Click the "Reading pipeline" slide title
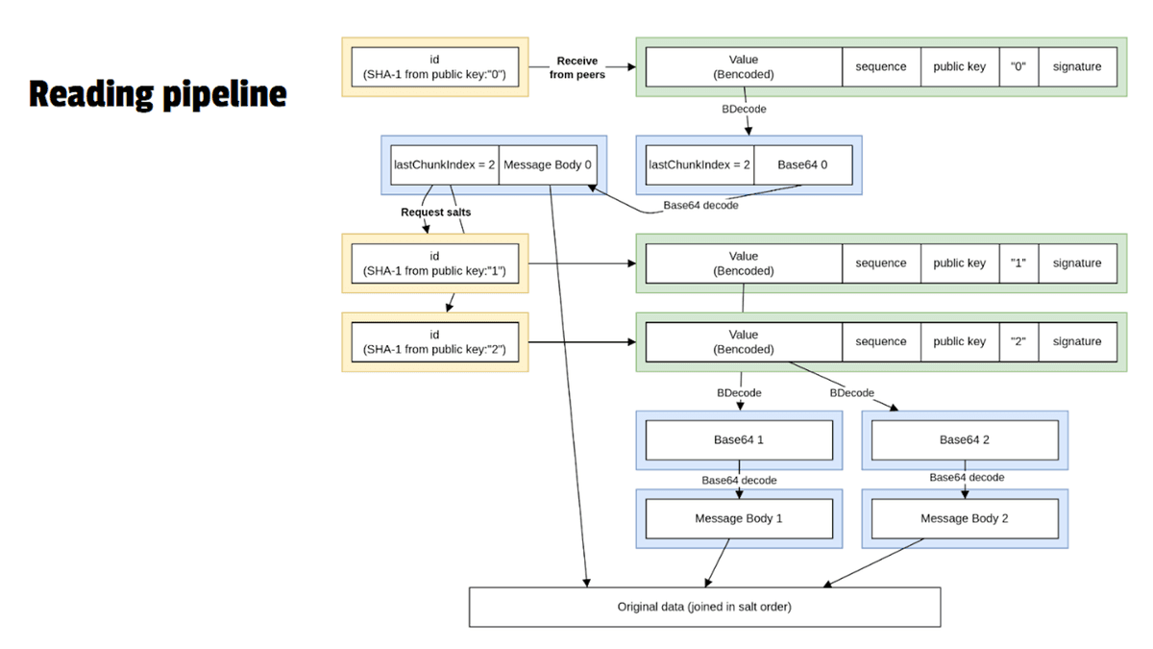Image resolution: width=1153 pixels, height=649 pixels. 158,94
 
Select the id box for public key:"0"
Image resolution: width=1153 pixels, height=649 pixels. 434,67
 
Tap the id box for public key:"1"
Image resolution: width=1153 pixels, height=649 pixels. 434,263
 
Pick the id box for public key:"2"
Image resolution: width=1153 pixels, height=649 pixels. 434,341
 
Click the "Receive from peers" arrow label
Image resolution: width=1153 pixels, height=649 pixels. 576,67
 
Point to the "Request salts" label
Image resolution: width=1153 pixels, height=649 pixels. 435,212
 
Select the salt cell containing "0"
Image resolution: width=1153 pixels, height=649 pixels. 1018,67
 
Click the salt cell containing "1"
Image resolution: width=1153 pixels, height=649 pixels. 1018,263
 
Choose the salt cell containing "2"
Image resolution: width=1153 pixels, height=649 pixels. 1018,341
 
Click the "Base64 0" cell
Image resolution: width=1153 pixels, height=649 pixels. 802,164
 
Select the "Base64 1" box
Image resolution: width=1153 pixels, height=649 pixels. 738,440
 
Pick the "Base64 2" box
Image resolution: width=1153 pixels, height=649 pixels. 964,440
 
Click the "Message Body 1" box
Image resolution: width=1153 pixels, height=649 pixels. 738,518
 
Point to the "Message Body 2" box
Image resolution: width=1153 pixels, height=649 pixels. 964,518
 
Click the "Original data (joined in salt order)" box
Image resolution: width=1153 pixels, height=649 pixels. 704,607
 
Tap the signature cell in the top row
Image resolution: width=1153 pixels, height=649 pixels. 1077,67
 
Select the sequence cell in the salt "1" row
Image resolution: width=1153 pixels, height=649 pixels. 881,263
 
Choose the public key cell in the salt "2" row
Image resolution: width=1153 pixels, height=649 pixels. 959,341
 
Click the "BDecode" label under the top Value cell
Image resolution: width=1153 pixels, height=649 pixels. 744,109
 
